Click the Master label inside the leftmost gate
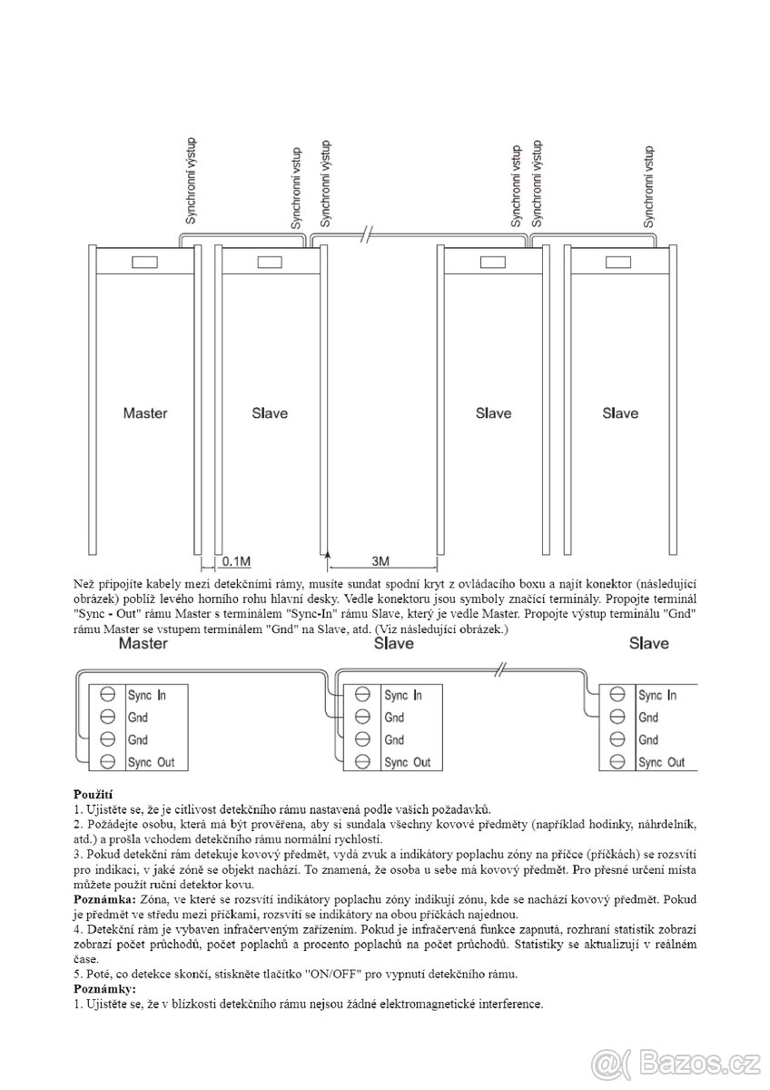[144, 413]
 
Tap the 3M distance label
[380, 561]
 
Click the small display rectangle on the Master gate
[144, 263]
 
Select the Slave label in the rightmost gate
[620, 413]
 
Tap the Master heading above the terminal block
[145, 644]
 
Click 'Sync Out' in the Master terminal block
[151, 762]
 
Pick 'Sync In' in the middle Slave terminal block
[402, 695]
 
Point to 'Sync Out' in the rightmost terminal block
[661, 762]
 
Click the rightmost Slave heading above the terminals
[648, 644]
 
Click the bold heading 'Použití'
[94, 794]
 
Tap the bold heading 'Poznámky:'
[104, 988]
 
